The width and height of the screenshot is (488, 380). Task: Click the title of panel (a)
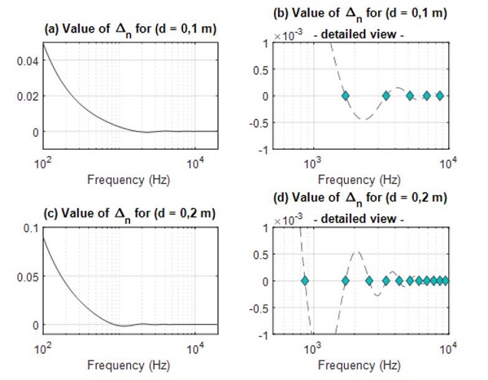click(129, 29)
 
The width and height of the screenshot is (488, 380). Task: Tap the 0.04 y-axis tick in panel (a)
click(26, 61)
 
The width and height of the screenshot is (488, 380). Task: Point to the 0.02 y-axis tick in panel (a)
click(26, 96)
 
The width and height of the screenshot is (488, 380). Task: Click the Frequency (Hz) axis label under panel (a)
click(129, 179)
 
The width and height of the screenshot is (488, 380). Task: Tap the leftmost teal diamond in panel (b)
click(345, 96)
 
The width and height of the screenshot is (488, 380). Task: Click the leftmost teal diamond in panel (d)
click(305, 281)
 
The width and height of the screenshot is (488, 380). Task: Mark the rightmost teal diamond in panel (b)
click(440, 96)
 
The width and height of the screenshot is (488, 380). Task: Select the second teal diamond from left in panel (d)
click(345, 281)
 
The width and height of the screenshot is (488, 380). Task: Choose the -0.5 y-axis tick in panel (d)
click(265, 308)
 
